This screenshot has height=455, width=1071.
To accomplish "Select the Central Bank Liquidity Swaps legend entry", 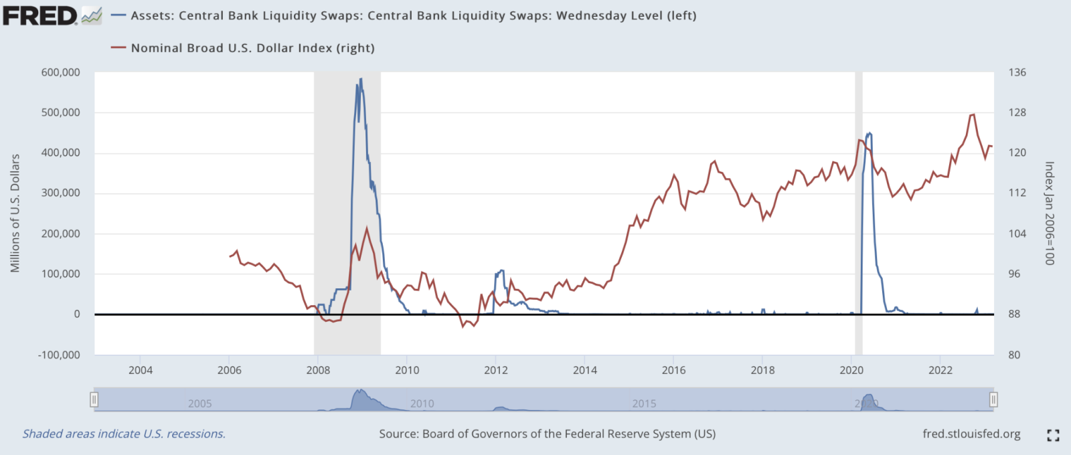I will pyautogui.click(x=413, y=15).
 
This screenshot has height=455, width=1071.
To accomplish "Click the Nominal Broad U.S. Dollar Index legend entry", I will pyautogui.click(x=252, y=48).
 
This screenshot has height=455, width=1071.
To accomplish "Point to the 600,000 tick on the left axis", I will pyautogui.click(x=61, y=72).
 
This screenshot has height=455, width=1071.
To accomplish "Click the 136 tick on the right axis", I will pyautogui.click(x=1017, y=72).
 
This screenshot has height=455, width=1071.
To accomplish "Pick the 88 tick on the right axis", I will pyautogui.click(x=1014, y=314).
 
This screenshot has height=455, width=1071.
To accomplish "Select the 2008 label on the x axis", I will pyautogui.click(x=318, y=370).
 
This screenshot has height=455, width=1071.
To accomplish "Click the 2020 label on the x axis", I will pyautogui.click(x=851, y=370).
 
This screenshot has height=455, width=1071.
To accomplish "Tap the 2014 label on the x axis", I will pyautogui.click(x=585, y=370).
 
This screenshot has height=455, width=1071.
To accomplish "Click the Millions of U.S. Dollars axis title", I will pyautogui.click(x=15, y=213).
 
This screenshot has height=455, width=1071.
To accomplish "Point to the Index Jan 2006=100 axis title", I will pyautogui.click(x=1049, y=213).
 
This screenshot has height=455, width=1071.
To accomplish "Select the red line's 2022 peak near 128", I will pyautogui.click(x=973, y=114).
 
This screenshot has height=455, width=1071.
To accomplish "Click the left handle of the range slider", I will pyautogui.click(x=94, y=399).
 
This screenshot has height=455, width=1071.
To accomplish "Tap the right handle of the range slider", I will pyautogui.click(x=993, y=399).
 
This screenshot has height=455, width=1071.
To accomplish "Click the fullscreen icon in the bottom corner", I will pyautogui.click(x=1053, y=436).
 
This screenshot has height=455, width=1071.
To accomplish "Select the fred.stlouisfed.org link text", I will pyautogui.click(x=971, y=434).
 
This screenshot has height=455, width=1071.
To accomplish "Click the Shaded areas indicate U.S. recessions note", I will pyautogui.click(x=124, y=434).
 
